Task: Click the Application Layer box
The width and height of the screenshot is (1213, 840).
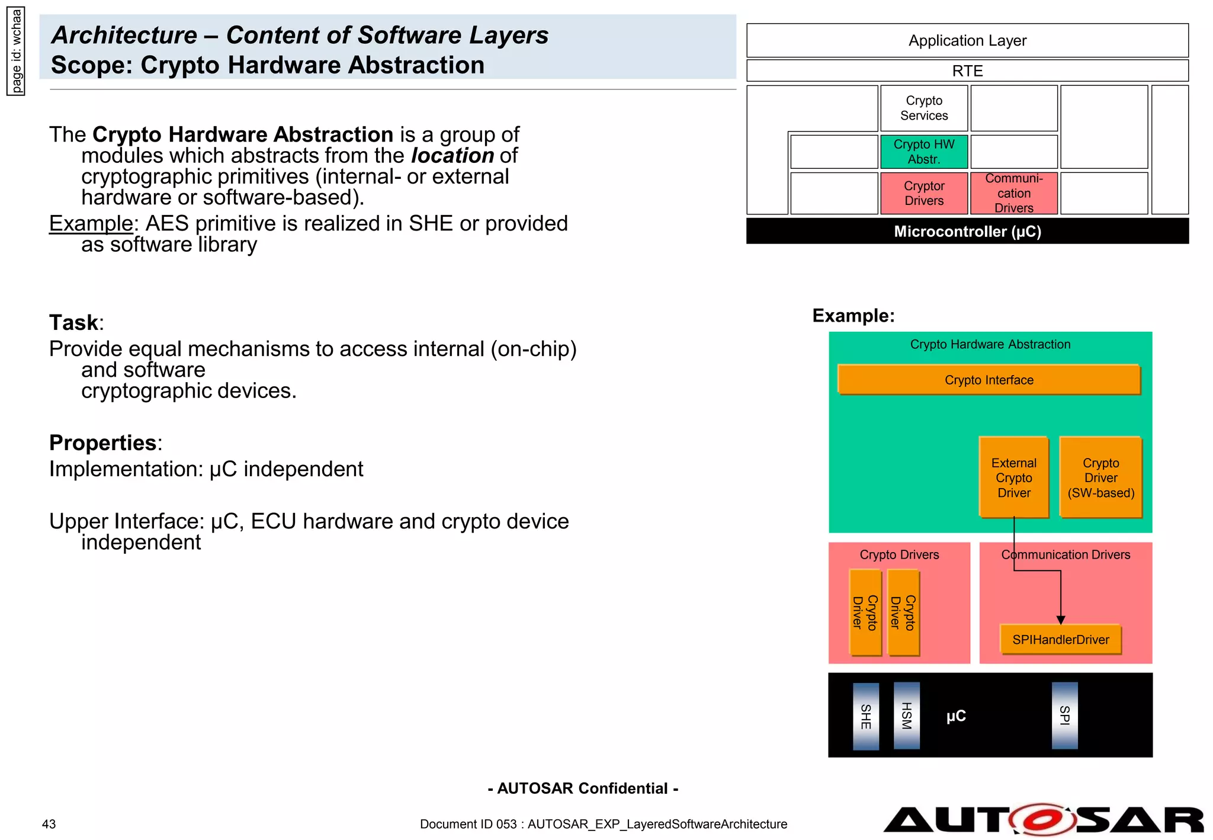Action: tap(967, 40)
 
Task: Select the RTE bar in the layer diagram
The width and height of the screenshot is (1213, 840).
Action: tap(967, 70)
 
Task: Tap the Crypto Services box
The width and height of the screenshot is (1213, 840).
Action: tap(923, 108)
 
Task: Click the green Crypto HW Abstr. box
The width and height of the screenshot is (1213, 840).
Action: tap(923, 152)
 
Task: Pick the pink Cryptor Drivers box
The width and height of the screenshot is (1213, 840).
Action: tap(923, 193)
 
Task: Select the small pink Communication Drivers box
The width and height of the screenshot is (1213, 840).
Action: tap(1013, 193)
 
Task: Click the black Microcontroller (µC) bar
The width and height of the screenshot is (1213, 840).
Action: tap(967, 231)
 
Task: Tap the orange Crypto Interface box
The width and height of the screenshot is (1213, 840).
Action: tap(989, 380)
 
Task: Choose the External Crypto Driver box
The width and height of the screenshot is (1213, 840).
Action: tap(1013, 477)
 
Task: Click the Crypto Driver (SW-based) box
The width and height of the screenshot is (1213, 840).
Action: tap(1100, 477)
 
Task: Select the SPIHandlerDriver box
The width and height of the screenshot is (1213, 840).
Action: tap(1060, 640)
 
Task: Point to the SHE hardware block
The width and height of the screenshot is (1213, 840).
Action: tap(865, 716)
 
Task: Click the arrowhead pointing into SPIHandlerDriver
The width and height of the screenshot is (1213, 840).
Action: tap(1061, 620)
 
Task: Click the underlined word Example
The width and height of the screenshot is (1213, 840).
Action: tap(91, 224)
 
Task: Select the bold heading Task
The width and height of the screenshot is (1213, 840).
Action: tap(73, 323)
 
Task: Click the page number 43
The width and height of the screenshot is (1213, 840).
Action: tap(49, 824)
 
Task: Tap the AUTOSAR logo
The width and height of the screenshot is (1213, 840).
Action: tap(1042, 820)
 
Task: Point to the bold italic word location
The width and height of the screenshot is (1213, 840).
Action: tap(453, 156)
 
